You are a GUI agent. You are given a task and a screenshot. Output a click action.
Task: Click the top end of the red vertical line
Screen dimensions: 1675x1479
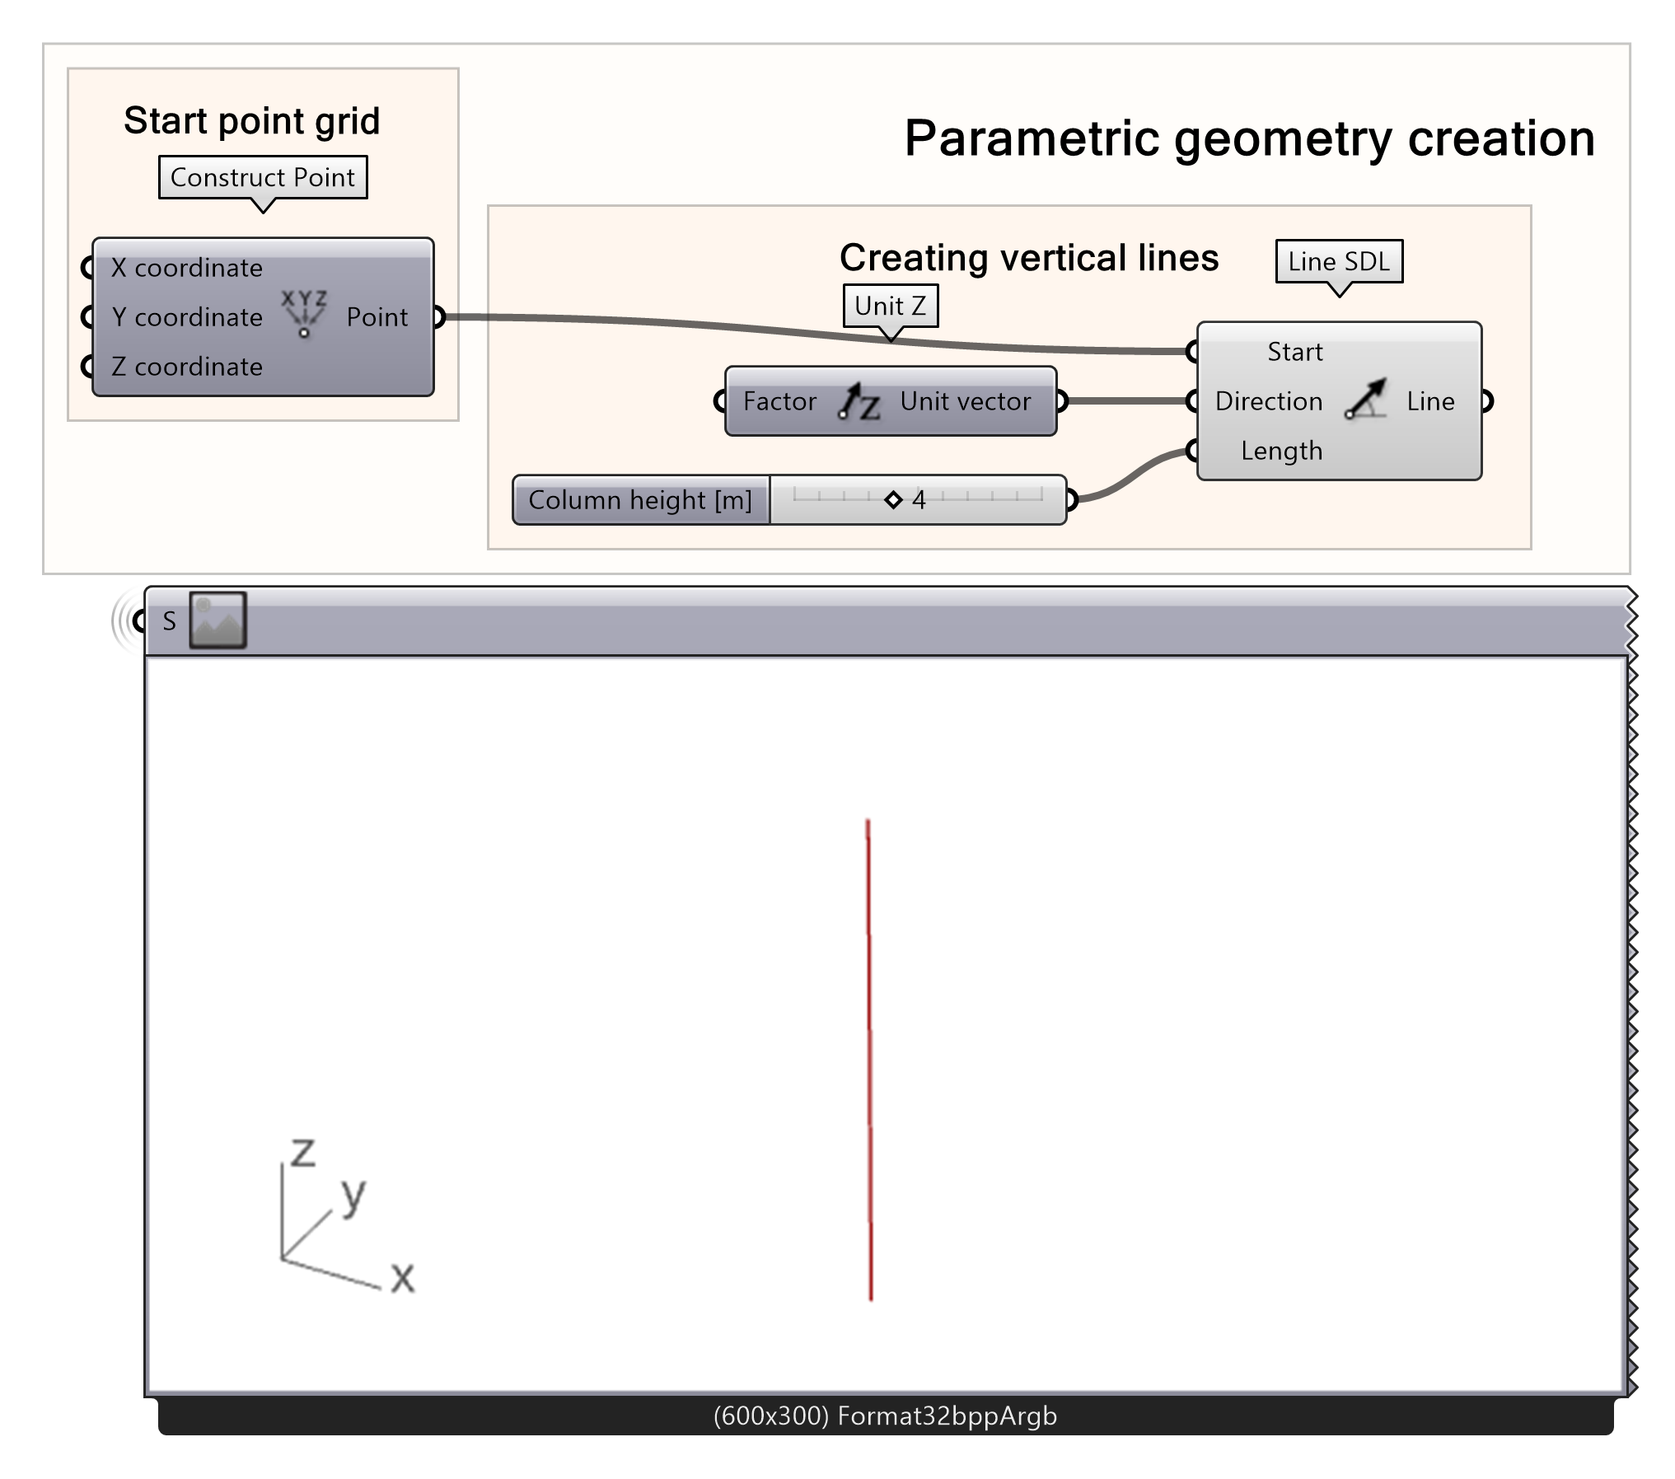(x=868, y=820)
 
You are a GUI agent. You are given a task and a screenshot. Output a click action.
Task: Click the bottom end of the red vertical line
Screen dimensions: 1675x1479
(x=871, y=1299)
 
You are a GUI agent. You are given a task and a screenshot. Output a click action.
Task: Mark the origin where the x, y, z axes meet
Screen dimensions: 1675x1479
(x=282, y=1257)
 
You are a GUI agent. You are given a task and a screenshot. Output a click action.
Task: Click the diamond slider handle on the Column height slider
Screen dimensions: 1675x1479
(x=893, y=499)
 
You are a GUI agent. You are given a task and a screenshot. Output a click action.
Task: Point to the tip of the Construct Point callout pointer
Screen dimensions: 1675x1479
(x=263, y=213)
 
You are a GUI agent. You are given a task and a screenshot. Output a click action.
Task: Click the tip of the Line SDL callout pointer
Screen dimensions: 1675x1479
(x=1340, y=297)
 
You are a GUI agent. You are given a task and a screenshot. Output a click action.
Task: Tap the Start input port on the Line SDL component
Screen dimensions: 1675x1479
(x=1192, y=352)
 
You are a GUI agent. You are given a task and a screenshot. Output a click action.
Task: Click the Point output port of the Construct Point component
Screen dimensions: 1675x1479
(x=438, y=316)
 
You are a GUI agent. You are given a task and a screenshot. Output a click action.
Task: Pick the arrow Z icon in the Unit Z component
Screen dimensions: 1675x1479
(x=859, y=401)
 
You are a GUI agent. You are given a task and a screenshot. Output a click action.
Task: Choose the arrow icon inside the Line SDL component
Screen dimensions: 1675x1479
(x=1365, y=400)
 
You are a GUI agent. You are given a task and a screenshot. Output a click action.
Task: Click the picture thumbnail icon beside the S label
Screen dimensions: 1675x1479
(x=218, y=620)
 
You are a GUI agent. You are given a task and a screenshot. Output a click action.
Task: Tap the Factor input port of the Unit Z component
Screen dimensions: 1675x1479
(x=720, y=401)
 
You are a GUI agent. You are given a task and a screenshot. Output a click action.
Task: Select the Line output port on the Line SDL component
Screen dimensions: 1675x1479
(x=1486, y=401)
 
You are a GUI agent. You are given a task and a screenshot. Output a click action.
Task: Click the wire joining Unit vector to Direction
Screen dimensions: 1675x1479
(x=1127, y=401)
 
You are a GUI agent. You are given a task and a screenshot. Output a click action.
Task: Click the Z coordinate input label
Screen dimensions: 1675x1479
(x=187, y=367)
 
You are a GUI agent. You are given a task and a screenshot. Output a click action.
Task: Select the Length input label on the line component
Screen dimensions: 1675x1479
(x=1281, y=451)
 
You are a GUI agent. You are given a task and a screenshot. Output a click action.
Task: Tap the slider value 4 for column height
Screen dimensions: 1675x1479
(x=919, y=499)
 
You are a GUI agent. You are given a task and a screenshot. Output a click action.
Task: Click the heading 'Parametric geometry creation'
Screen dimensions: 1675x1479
(x=1249, y=138)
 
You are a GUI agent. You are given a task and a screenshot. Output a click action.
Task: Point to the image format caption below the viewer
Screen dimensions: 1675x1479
(x=885, y=1416)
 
